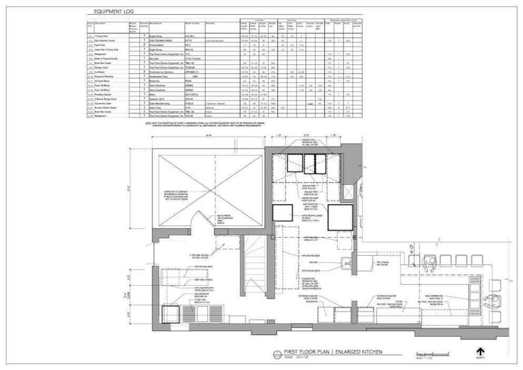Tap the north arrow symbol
[480, 351]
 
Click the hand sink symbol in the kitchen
[347, 261]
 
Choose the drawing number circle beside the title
[278, 354]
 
